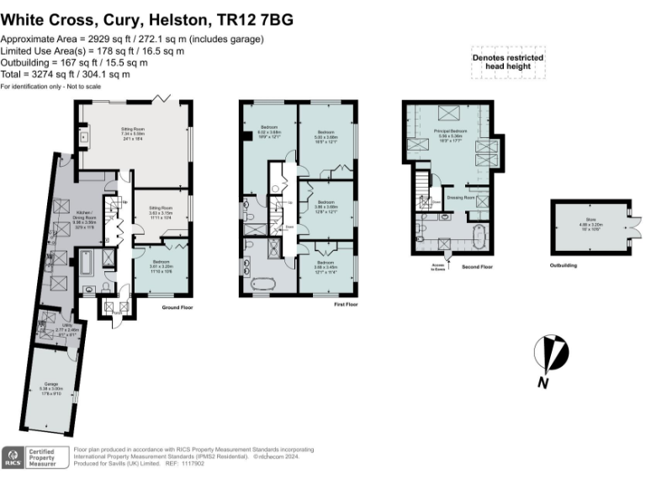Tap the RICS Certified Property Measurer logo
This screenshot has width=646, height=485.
pyautogui.click(x=34, y=458)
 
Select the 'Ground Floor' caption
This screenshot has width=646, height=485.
pyautogui.click(x=178, y=308)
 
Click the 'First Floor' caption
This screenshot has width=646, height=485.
pyautogui.click(x=345, y=304)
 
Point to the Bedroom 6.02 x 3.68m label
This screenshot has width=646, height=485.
pyautogui.click(x=268, y=133)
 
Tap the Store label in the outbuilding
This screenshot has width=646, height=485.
pyautogui.click(x=590, y=223)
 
